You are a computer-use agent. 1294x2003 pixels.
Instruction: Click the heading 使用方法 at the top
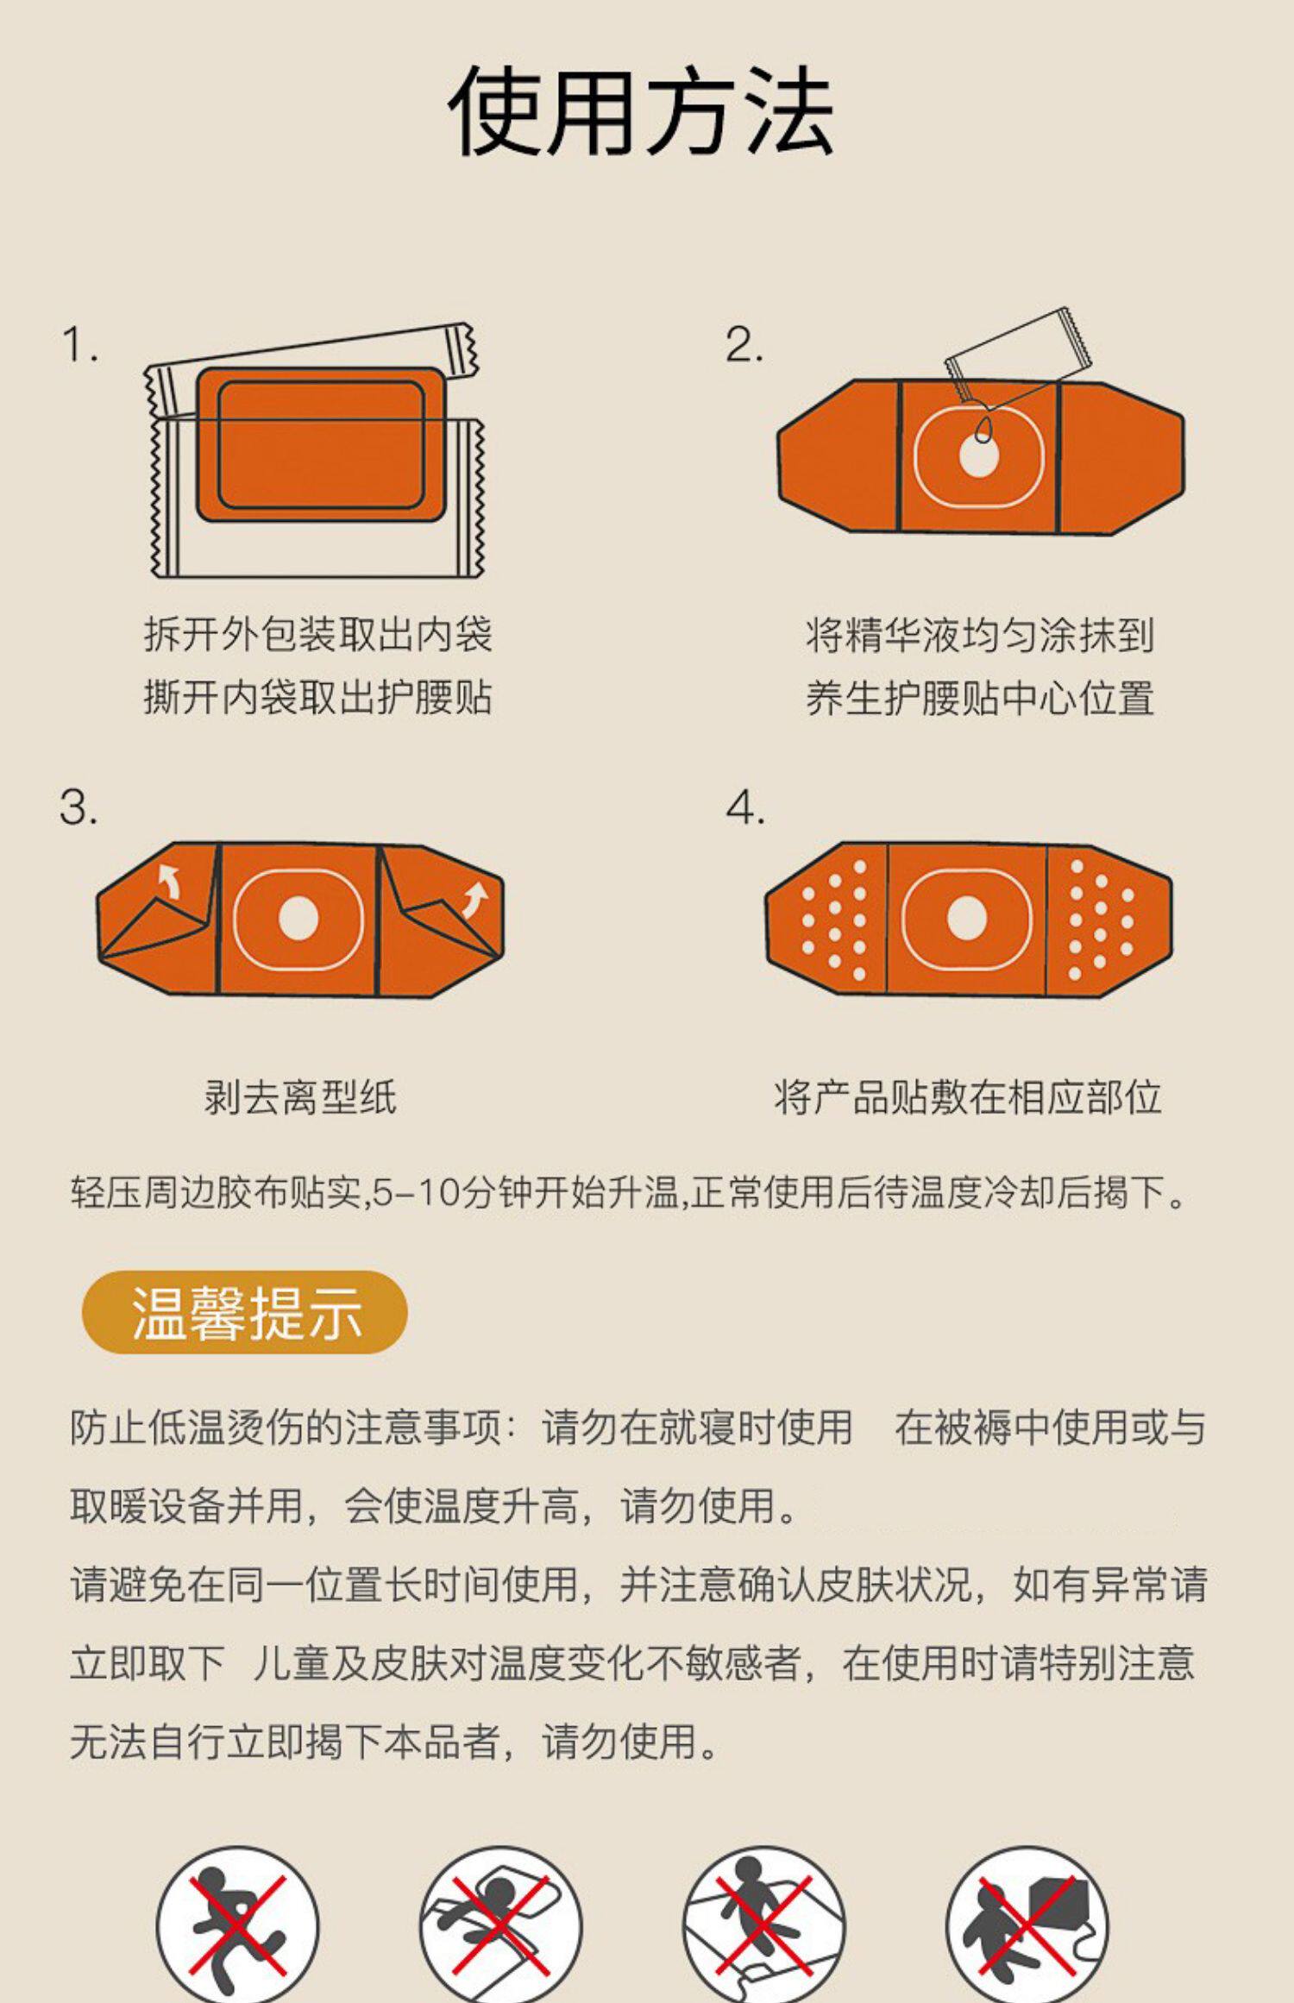(x=641, y=112)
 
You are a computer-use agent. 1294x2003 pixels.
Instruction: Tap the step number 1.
(x=79, y=345)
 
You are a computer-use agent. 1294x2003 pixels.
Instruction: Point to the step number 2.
(x=744, y=345)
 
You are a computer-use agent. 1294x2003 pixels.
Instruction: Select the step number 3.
(x=79, y=808)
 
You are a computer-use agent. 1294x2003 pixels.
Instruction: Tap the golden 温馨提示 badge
(x=244, y=1312)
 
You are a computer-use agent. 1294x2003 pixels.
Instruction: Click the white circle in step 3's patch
(x=298, y=918)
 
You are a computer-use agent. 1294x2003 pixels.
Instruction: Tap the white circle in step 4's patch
(x=967, y=917)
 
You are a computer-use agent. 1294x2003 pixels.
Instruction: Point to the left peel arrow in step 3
(x=170, y=882)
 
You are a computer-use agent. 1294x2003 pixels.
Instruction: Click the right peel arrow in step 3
(x=474, y=900)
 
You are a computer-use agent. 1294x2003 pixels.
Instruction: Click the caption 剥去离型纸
(x=300, y=1098)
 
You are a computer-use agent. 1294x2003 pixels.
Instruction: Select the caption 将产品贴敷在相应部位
(x=967, y=1098)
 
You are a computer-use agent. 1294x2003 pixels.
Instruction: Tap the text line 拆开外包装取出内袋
(x=317, y=635)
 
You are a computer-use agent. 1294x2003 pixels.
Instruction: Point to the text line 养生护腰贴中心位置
(x=980, y=698)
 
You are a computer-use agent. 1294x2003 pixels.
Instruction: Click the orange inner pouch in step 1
(x=320, y=444)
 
